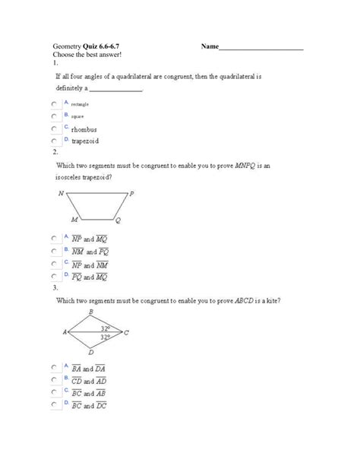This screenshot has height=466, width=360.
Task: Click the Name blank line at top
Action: (261, 49)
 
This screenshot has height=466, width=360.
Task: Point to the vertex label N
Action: (61, 194)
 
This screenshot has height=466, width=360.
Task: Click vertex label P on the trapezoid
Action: (131, 194)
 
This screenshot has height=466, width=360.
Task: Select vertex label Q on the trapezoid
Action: (118, 221)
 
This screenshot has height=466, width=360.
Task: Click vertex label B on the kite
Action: (91, 312)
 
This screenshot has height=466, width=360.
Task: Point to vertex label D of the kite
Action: (91, 352)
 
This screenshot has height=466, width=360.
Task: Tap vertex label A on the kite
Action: (65, 332)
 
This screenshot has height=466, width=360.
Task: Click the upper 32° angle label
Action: (106, 327)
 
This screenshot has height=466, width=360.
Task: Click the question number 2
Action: (55, 152)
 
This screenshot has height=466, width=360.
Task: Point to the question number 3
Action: (55, 288)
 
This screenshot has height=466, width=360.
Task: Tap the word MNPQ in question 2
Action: (246, 164)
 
